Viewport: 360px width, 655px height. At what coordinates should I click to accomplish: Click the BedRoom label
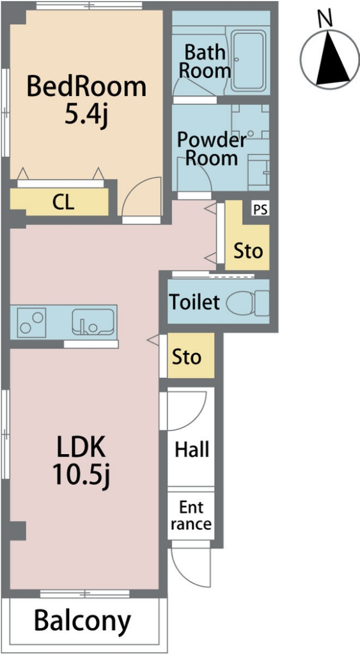point(86,87)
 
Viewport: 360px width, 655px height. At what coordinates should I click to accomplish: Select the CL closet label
point(63,203)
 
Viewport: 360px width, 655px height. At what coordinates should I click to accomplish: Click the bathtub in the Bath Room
point(249,61)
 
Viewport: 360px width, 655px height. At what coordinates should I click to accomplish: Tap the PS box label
point(260,209)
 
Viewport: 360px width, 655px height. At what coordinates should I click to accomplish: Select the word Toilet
point(194,302)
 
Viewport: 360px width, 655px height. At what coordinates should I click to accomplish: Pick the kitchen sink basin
point(93,322)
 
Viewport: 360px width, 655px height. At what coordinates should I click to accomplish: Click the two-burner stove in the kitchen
point(31,322)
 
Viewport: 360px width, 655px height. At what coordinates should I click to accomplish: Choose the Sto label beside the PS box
point(248,251)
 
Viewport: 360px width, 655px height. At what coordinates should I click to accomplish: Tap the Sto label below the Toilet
point(187,357)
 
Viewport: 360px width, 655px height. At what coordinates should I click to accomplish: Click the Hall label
point(192,450)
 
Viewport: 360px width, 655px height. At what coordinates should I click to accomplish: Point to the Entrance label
point(191,516)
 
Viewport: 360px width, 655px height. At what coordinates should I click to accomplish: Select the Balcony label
point(82,621)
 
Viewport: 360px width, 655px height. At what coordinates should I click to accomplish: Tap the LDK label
point(80,448)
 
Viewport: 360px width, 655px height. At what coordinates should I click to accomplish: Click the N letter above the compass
point(325,18)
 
